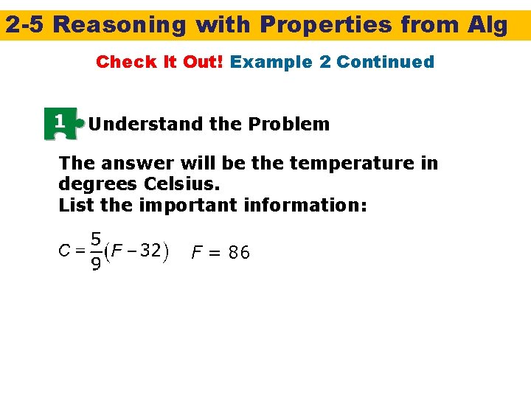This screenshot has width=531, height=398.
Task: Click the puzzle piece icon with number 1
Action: coord(62,123)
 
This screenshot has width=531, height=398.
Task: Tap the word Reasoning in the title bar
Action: coord(120,25)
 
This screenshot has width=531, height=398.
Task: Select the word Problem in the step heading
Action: coord(289,124)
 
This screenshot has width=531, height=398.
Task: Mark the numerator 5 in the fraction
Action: coord(96,240)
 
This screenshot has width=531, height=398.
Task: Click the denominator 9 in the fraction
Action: coord(96,263)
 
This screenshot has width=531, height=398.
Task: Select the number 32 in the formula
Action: coord(150,251)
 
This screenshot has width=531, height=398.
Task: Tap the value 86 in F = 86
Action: coord(239,254)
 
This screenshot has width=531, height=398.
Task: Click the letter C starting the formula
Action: coord(64,251)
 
